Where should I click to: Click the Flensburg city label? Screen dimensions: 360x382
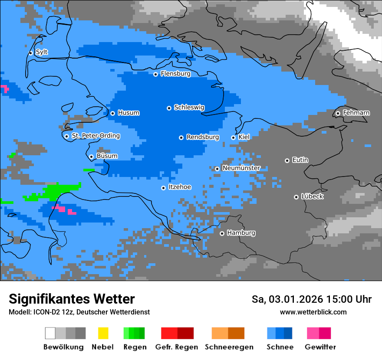coord(175,74)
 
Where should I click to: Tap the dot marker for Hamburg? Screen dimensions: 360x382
coord(222,233)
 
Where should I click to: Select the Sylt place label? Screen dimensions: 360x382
coord(42,52)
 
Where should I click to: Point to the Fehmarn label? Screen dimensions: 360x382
coord(356,113)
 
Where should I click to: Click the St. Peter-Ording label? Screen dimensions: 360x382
coord(95,136)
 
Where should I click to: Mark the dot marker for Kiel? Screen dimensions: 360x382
coord(233,137)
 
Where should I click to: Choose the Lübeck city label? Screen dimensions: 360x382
coord(312,196)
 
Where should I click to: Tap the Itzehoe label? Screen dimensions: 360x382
coord(179,187)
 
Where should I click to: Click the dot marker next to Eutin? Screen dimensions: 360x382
coord(287,160)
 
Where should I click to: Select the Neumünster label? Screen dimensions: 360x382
coord(241,168)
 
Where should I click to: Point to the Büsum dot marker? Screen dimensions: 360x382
coord(91,157)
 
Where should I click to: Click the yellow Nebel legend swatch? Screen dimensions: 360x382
coord(103,333)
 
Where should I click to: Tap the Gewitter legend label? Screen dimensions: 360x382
coord(320,347)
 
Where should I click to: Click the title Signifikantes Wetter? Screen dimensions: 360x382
coord(72,299)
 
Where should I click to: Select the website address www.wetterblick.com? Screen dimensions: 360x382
coord(313,312)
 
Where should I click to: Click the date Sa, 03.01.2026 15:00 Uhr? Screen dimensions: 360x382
coord(311,299)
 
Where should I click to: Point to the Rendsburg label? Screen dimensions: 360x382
coord(202,137)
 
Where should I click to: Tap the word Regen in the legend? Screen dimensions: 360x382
coord(134,347)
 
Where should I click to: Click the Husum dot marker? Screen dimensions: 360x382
coord(112,113)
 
